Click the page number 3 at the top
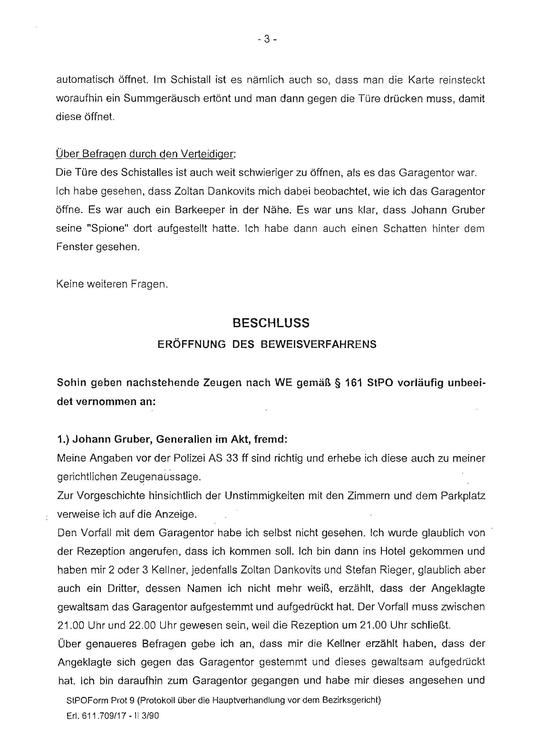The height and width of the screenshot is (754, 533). [x=266, y=39]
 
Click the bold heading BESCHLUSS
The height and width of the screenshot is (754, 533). [x=271, y=323]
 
